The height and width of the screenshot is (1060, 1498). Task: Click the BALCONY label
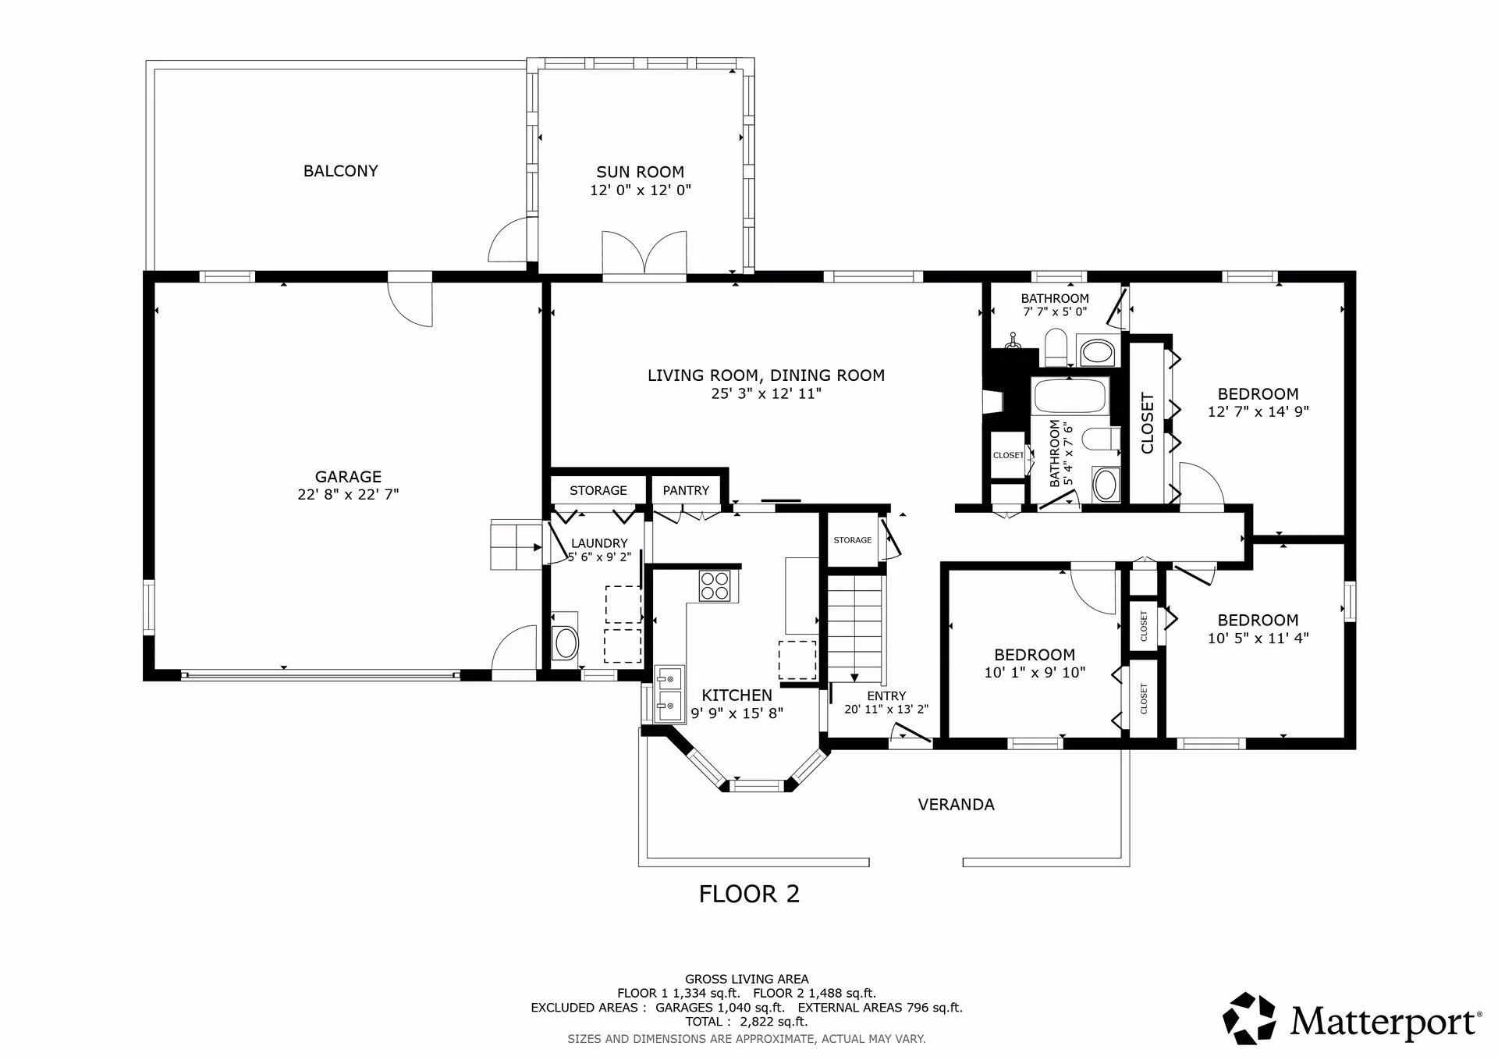pos(340,171)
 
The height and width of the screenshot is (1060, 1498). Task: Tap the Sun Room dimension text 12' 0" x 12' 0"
pos(641,190)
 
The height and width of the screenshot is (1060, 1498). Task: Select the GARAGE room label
pos(348,476)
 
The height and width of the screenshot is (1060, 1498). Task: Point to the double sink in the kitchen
pos(668,695)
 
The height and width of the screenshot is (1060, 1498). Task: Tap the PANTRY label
pos(686,490)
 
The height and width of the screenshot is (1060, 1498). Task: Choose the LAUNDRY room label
pos(599,543)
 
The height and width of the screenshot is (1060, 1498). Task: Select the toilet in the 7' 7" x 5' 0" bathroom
pos(1056,347)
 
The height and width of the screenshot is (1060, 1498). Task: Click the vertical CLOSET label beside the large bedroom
pos(1147,423)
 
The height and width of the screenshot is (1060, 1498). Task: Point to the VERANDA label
pos(956,805)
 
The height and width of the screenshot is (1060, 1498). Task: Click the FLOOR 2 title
pos(749,894)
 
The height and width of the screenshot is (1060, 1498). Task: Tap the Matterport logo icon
pos(1249,1019)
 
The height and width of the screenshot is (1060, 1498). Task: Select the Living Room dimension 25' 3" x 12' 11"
pos(766,393)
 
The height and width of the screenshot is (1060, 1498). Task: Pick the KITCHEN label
pos(737,695)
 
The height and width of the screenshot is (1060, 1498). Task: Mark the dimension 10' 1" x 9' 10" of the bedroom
pos(1035,672)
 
